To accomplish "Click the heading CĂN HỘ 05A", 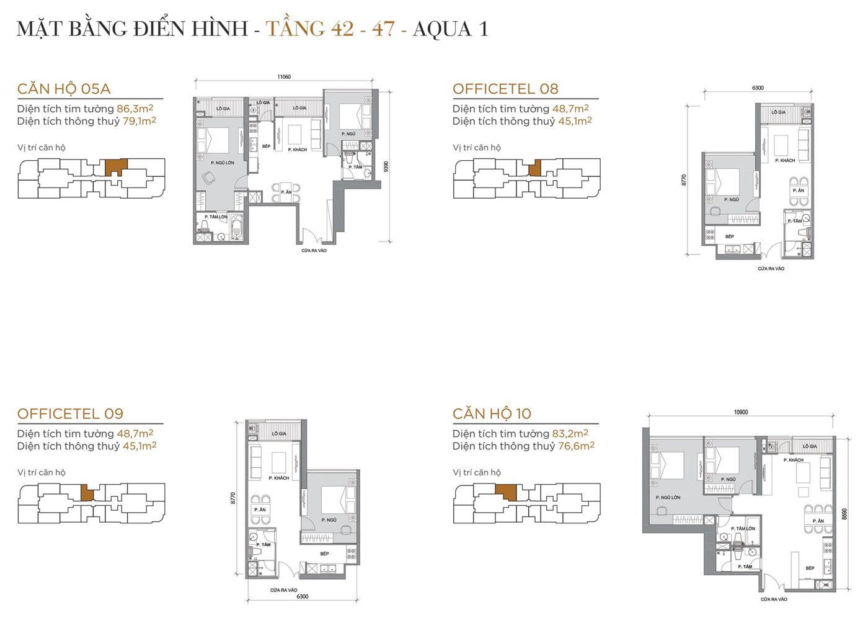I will pyautogui.click(x=64, y=89).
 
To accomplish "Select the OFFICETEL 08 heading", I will pyautogui.click(x=505, y=89).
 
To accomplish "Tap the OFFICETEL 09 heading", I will pyautogui.click(x=70, y=413).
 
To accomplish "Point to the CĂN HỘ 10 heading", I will pyautogui.click(x=492, y=413).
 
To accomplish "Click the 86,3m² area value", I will pyautogui.click(x=135, y=109).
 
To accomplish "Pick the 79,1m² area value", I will pyautogui.click(x=139, y=121).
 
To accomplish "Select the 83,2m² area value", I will pyautogui.click(x=570, y=433).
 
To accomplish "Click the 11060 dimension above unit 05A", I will pyautogui.click(x=284, y=77).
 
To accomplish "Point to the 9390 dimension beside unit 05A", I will pyautogui.click(x=386, y=167).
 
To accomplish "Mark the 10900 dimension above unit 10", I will pyautogui.click(x=740, y=412).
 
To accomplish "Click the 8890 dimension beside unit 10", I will pyautogui.click(x=844, y=514).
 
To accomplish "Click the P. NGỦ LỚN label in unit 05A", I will pyautogui.click(x=222, y=163).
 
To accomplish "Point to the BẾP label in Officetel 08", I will pyautogui.click(x=730, y=236).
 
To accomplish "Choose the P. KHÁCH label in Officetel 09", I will pyautogui.click(x=279, y=478).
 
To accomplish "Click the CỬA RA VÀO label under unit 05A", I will pyautogui.click(x=314, y=251).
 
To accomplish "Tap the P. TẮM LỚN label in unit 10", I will pyautogui.click(x=743, y=529).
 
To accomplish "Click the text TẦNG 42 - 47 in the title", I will pyautogui.click(x=330, y=29).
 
